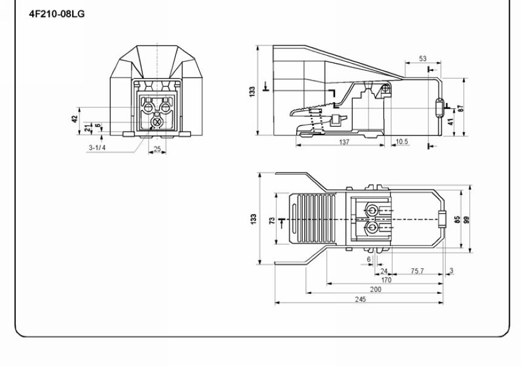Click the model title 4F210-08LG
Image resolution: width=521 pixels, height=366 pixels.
click(x=57, y=14)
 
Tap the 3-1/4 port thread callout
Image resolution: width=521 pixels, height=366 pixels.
click(x=97, y=148)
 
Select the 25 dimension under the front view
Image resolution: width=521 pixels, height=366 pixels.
click(x=157, y=148)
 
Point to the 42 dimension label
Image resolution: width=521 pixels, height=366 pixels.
click(x=75, y=119)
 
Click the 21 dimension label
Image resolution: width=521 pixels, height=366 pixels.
click(x=87, y=128)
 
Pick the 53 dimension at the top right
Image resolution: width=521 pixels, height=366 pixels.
click(x=422, y=59)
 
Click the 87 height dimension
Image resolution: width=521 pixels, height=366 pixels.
click(x=460, y=108)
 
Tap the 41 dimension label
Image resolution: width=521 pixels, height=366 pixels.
click(x=451, y=122)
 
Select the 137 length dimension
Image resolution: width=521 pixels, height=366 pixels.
click(x=344, y=142)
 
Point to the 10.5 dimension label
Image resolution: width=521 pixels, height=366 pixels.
click(x=402, y=142)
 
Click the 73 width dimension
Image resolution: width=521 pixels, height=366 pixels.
click(x=272, y=221)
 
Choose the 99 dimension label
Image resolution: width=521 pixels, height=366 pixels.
click(x=466, y=220)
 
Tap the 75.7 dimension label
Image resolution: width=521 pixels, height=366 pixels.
click(x=417, y=271)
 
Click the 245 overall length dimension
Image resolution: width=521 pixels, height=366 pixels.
click(x=360, y=299)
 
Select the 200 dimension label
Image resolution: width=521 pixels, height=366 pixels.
click(x=376, y=290)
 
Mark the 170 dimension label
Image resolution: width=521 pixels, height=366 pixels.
click(x=386, y=280)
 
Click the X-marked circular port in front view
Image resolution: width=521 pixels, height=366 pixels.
click(x=157, y=122)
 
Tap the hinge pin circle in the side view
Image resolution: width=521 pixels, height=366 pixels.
click(x=385, y=88)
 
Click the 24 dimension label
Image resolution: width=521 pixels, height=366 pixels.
click(x=383, y=271)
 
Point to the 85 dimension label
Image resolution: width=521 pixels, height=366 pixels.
click(x=457, y=220)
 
